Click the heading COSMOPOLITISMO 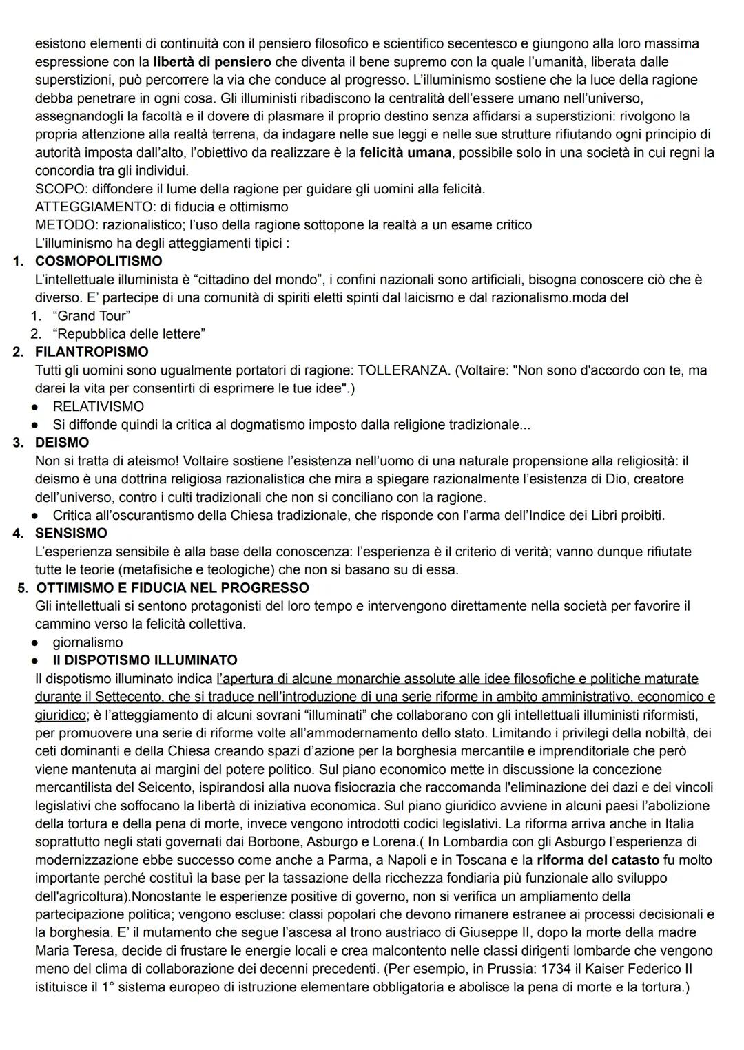coord(99,261)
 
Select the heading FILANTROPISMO coord(92,352)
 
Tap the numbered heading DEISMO coord(62,442)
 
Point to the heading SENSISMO coord(71,533)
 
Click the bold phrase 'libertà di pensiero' coord(211,62)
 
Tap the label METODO coord(62,225)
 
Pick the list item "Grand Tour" coord(92,316)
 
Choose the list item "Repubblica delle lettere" coord(129,334)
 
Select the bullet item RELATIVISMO coord(98,406)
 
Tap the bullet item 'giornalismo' coord(87,642)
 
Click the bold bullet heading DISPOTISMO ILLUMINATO coord(145,660)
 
